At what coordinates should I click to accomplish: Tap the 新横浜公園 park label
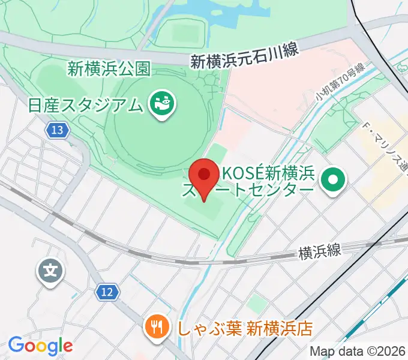click(109, 69)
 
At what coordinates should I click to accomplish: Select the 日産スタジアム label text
click(86, 105)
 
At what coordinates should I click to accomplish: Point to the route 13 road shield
click(57, 130)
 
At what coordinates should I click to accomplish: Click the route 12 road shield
click(106, 292)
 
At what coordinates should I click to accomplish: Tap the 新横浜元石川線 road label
click(244, 55)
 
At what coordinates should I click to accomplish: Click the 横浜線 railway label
click(320, 251)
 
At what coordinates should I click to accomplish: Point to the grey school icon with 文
click(52, 271)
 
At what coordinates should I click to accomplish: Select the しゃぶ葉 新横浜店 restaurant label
click(245, 328)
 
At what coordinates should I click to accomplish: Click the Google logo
click(40, 346)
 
